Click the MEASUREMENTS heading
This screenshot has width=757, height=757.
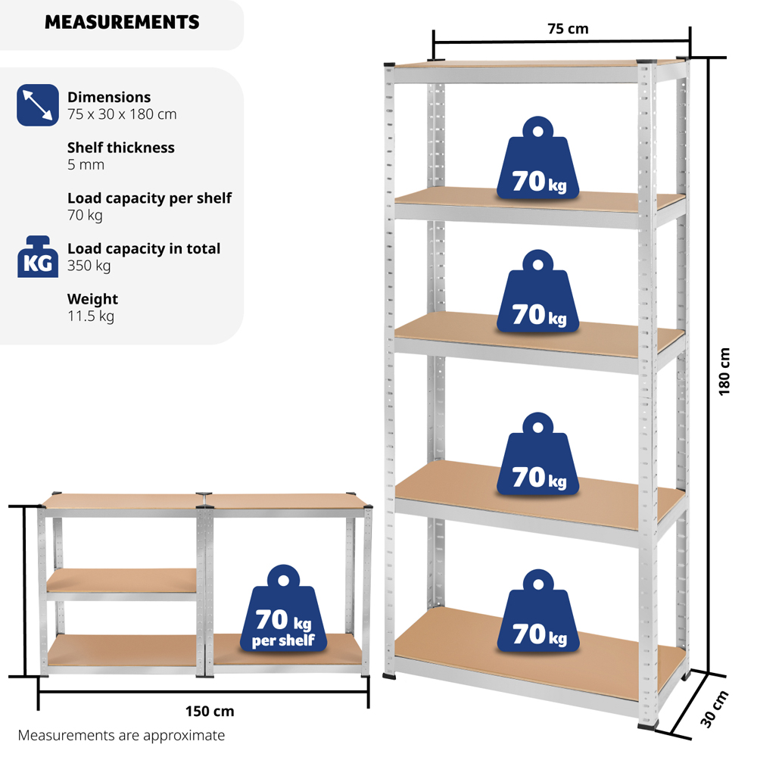[x=122, y=22]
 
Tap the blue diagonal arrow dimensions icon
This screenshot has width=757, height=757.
[x=38, y=105]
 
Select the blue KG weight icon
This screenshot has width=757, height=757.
[x=38, y=257]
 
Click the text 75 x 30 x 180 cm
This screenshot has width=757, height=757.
[x=122, y=114]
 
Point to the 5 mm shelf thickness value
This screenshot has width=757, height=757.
[x=86, y=164]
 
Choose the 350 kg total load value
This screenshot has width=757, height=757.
[x=89, y=266]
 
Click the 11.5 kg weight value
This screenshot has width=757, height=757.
[x=91, y=316]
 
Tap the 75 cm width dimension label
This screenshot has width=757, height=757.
[x=568, y=29]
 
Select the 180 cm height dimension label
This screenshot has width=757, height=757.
[x=724, y=372]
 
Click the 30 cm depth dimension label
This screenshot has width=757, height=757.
[x=714, y=709]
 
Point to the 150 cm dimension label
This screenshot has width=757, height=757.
[x=210, y=711]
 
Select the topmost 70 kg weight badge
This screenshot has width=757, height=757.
[x=537, y=158]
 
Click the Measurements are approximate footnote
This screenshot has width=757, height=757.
[x=121, y=735]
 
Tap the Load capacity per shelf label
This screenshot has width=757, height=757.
[x=150, y=198]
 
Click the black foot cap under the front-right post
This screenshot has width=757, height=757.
[x=647, y=724]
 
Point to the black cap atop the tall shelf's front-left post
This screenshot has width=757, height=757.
[x=389, y=64]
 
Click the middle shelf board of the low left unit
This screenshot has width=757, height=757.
[x=122, y=580]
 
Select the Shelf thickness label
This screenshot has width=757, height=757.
[x=120, y=148]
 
